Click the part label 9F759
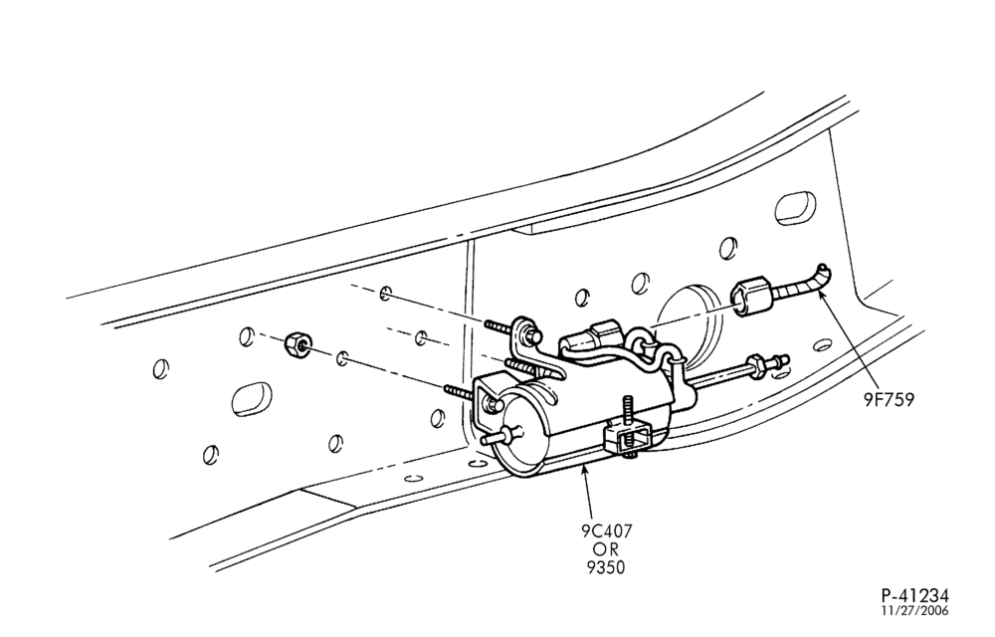(x=889, y=400)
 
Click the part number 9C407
(x=607, y=531)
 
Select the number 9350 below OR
(x=607, y=567)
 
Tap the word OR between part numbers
(x=606, y=548)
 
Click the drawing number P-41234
(x=915, y=595)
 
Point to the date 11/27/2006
(x=915, y=611)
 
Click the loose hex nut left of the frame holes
(x=297, y=343)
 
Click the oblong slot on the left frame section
(x=252, y=399)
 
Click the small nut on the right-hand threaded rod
(x=756, y=367)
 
